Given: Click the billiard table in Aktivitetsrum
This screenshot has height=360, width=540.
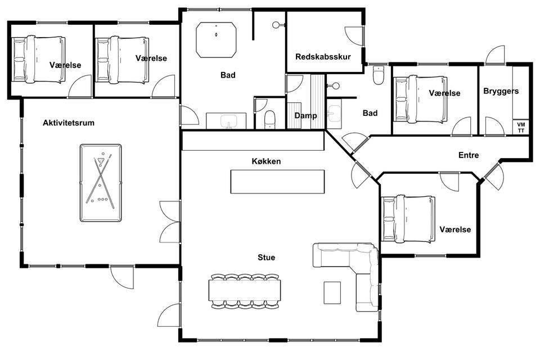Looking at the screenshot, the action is coord(101,183).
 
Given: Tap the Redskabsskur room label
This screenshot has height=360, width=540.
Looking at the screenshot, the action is coord(323,57).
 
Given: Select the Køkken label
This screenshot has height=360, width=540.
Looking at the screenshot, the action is coord(266,161).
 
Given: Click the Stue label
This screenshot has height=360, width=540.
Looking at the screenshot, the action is coord(266,257).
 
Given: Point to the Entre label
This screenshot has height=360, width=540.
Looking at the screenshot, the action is coord(469,155).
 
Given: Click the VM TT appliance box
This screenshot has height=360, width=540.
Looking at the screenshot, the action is coord(521,127).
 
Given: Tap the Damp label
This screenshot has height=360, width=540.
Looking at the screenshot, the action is coord(305,116).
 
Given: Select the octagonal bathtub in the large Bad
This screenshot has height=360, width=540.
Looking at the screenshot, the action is coord(216,40).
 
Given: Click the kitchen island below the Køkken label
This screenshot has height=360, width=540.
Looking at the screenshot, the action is coord(277,182).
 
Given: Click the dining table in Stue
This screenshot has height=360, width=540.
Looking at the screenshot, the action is coord(245,291).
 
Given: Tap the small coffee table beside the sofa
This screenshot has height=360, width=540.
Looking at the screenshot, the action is coord(332,293).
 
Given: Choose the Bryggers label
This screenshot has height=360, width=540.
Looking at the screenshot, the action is coord(501,91).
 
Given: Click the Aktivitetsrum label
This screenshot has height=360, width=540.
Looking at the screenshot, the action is coord(69,123).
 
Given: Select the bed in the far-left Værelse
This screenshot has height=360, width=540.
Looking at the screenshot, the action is coord(38,60).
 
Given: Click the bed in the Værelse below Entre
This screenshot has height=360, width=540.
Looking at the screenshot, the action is coord(408,218).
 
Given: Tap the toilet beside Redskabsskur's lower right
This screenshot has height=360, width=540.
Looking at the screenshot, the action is coord(379,75).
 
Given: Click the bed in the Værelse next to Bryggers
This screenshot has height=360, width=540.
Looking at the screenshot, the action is coord(421,99).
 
